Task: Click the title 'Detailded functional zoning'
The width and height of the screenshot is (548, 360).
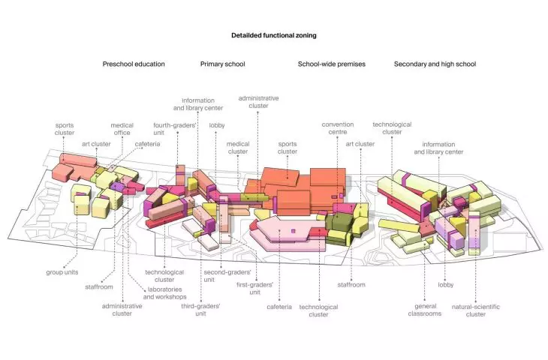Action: [274, 35]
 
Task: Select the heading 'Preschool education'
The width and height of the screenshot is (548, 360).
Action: [134, 64]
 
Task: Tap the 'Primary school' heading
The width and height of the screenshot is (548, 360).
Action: [223, 64]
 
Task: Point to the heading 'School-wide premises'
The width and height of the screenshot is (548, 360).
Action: [331, 64]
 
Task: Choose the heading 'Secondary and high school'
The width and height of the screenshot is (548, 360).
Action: [435, 64]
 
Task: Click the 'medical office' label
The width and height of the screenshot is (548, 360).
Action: [122, 129]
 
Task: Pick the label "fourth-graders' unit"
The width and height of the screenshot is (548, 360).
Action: [174, 129]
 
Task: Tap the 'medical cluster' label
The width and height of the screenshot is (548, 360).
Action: [238, 148]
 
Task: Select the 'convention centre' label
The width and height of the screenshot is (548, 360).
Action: [338, 128]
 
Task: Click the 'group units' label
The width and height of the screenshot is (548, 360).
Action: [62, 272]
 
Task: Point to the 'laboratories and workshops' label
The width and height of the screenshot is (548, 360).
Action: [164, 293]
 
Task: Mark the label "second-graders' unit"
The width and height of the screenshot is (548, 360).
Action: [227, 276]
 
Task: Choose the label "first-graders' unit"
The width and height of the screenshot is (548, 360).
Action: [254, 289]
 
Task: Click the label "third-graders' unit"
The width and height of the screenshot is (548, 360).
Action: [200, 310]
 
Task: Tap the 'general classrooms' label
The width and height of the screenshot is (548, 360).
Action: [425, 310]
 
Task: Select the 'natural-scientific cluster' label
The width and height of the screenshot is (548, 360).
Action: [476, 310]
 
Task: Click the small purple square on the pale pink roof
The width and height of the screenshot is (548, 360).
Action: [293, 231]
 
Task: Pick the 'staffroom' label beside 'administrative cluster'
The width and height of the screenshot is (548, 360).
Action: [99, 287]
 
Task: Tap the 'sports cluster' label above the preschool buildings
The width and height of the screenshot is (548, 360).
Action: [65, 129]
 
